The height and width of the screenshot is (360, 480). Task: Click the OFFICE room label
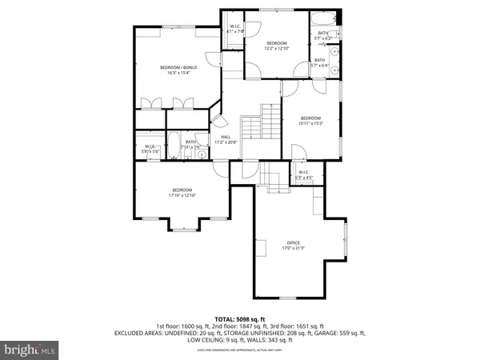pyautogui.click(x=294, y=242)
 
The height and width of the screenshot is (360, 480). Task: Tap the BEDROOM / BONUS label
pyautogui.click(x=178, y=67)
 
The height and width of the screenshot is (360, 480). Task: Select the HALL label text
pyautogui.click(x=226, y=136)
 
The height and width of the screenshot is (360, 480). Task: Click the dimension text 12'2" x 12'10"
pyautogui.click(x=276, y=49)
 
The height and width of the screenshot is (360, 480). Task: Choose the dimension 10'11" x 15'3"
pyautogui.click(x=310, y=122)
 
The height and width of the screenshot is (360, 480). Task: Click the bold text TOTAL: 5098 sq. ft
pyautogui.click(x=239, y=318)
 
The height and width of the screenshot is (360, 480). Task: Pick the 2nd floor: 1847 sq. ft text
pyautogui.click(x=239, y=325)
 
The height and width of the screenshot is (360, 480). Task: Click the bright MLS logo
pyautogui.click(x=30, y=350)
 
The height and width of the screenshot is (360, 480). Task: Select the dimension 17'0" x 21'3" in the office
pyautogui.click(x=294, y=248)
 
